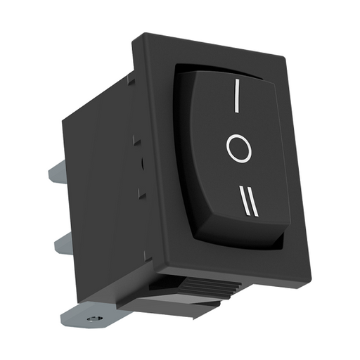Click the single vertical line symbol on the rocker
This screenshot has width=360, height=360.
(237, 96)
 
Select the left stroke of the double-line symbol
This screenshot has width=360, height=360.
(245, 200)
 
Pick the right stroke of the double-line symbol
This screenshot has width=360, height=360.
(253, 202)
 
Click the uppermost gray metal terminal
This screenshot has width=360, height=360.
(57, 170)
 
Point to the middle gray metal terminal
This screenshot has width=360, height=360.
(63, 243)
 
